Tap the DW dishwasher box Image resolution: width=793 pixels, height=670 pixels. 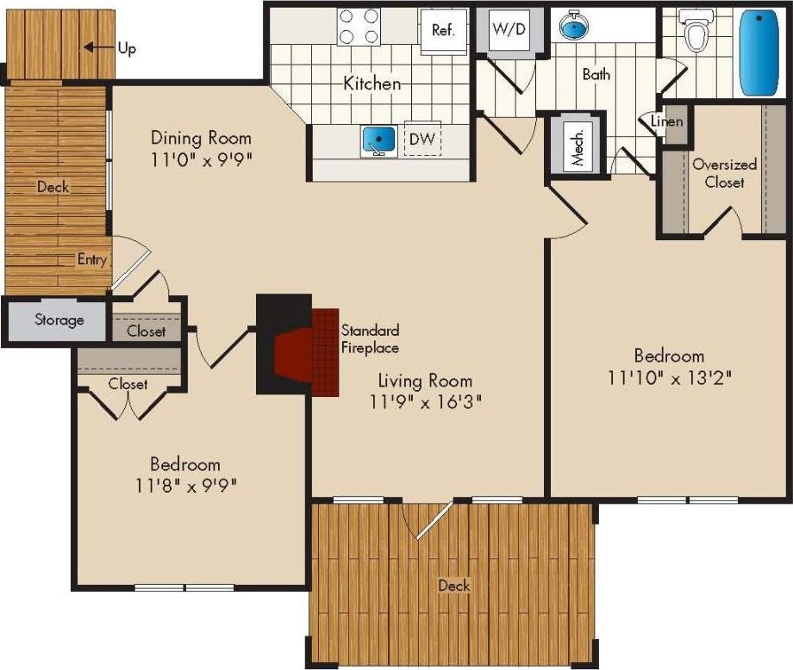point(421,140)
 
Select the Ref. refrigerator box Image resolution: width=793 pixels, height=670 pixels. point(444,29)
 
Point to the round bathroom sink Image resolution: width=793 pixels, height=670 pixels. point(573,28)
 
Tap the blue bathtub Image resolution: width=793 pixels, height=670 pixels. point(759,53)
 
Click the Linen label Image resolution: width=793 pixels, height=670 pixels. point(667,121)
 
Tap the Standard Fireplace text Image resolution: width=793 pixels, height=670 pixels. point(370,338)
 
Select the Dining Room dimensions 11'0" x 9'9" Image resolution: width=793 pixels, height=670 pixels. point(201,158)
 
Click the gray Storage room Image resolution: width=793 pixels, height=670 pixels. point(59,320)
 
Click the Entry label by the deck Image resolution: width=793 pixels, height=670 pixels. point(91,259)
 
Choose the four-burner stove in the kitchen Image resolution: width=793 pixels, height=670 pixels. point(359,26)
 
